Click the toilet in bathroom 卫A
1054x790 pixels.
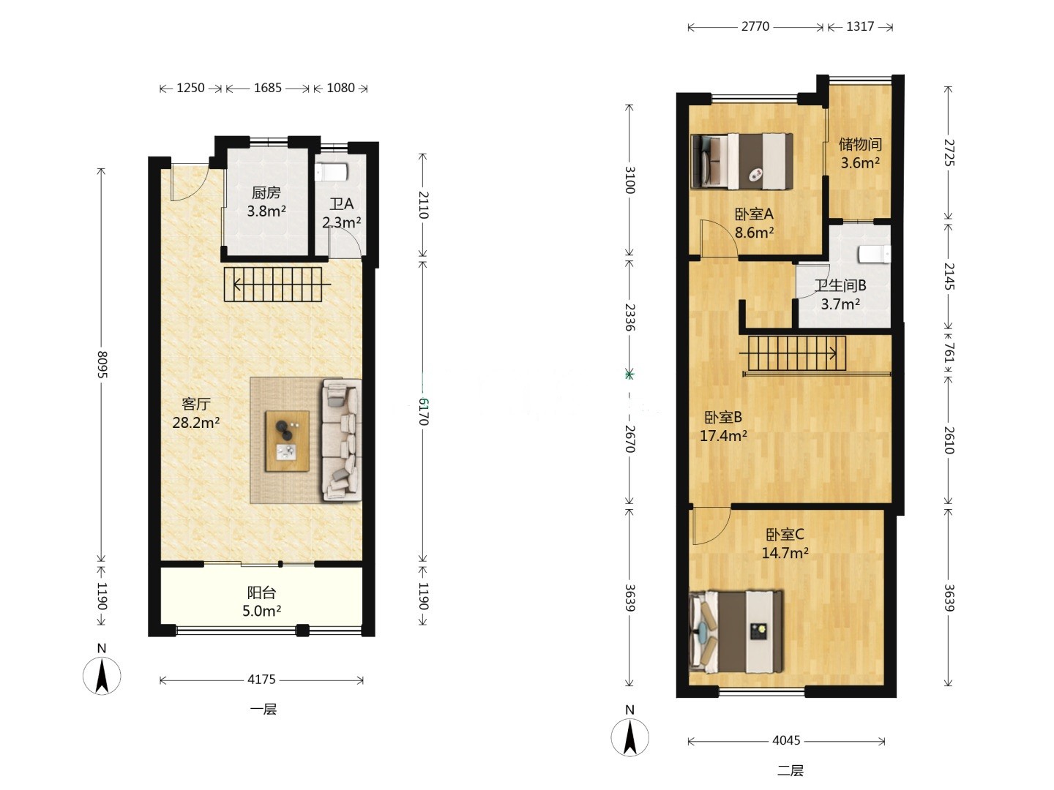tap(331, 172)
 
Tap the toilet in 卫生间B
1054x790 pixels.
tap(874, 255)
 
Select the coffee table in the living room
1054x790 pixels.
tap(287, 441)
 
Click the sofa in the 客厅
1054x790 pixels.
tap(342, 440)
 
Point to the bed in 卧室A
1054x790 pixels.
tap(741, 161)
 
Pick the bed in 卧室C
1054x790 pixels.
tap(736, 631)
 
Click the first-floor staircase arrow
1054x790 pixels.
tap(282, 285)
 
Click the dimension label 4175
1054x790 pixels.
tap(261, 680)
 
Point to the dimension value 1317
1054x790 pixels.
tap(859, 26)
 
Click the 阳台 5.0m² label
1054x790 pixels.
tap(261, 601)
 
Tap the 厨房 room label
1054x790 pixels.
tap(266, 193)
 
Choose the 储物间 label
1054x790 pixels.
tap(860, 144)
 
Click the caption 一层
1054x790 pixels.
tap(263, 709)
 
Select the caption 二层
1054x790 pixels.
tap(790, 770)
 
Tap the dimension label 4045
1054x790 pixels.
tap(786, 740)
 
